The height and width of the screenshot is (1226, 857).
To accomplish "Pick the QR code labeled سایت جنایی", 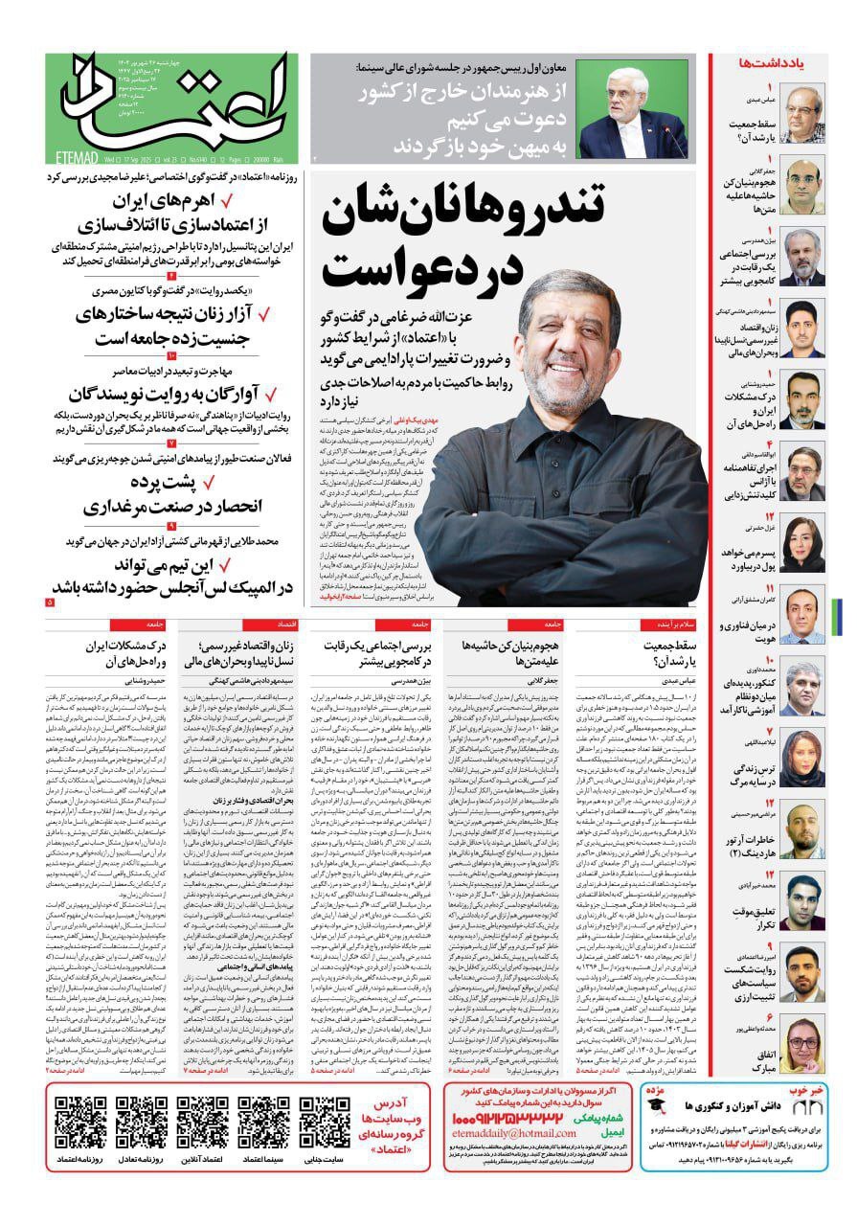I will [324, 1123].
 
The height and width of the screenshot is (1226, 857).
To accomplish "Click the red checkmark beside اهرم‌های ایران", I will [227, 202].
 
